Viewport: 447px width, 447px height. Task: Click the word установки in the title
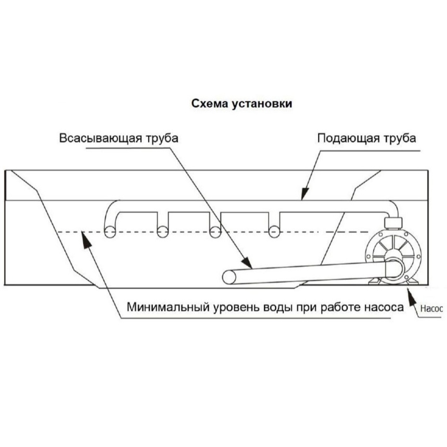(x=262, y=104)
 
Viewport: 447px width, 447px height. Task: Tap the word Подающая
(x=348, y=138)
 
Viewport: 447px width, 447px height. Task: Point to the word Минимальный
(x=166, y=307)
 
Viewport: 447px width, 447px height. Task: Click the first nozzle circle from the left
(x=110, y=232)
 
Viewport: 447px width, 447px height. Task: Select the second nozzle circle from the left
(x=163, y=232)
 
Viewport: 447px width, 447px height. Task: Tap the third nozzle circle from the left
(x=215, y=232)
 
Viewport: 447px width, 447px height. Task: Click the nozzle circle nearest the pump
(x=274, y=232)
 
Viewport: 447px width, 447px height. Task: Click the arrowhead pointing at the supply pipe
(x=305, y=193)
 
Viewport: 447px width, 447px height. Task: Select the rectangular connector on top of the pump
(x=393, y=223)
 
